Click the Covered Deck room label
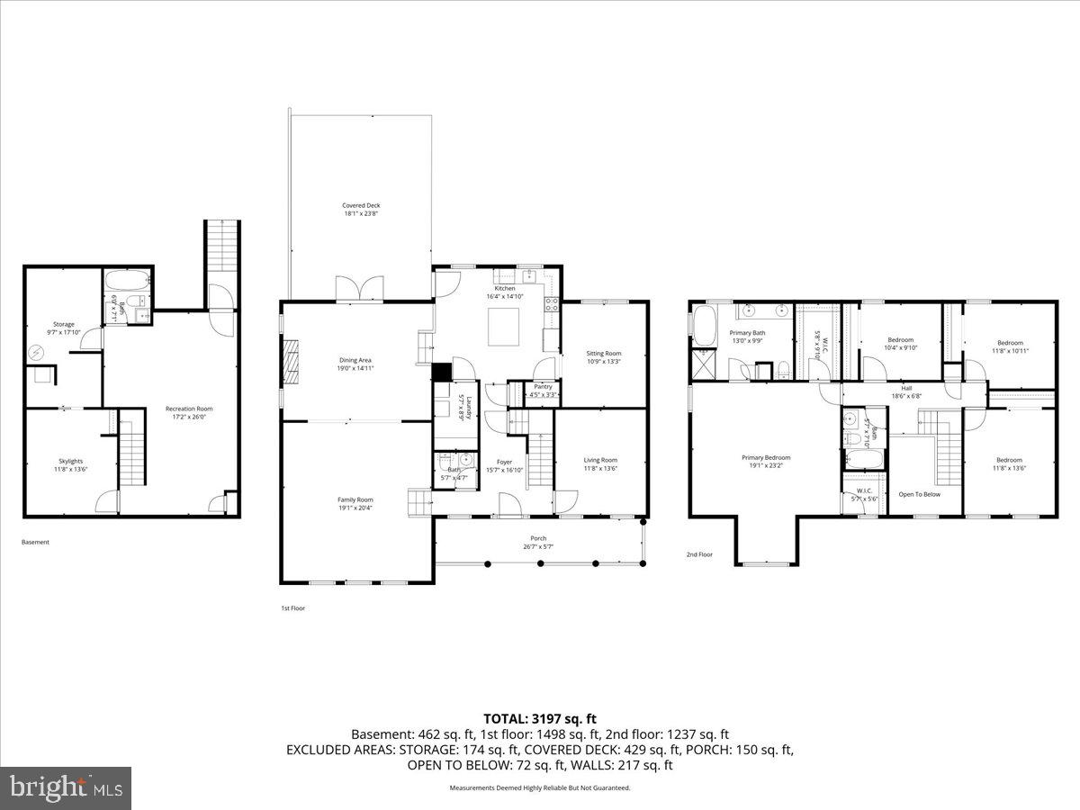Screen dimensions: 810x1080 [x=361, y=210]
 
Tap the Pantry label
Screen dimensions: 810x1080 [x=543, y=390]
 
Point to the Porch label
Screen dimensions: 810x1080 [x=538, y=542]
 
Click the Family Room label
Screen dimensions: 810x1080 [x=355, y=504]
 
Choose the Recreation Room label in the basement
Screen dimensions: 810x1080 [x=189, y=413]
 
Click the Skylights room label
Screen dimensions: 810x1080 [x=70, y=464]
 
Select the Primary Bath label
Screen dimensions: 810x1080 [x=746, y=336]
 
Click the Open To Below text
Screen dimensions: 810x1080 [x=919, y=494]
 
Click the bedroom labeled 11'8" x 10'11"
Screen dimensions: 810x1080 [x=1009, y=346]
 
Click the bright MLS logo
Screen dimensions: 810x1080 [x=66, y=788]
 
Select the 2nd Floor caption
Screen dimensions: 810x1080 [x=699, y=554]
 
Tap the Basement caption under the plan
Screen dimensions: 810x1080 [x=35, y=542]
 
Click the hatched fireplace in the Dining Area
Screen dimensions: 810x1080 [x=290, y=364]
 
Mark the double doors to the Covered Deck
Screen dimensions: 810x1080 [x=358, y=289]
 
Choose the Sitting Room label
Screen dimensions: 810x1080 [x=603, y=357]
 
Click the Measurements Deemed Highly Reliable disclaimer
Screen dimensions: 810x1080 [x=540, y=787]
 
